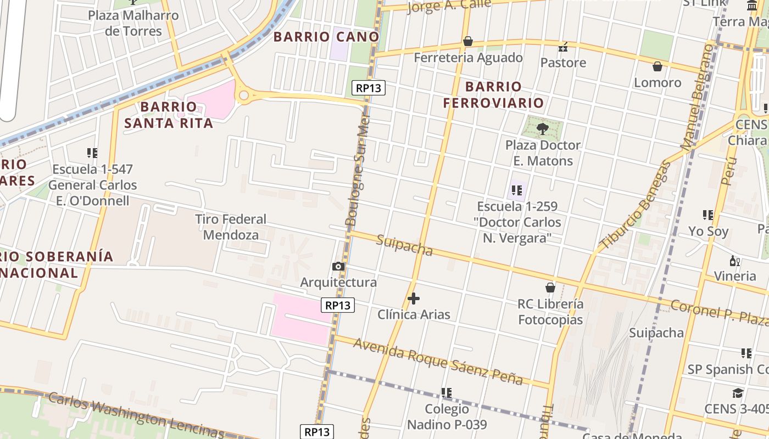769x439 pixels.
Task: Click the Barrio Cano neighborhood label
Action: pyautogui.click(x=326, y=37)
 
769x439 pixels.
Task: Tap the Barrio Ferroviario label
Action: pyautogui.click(x=493, y=94)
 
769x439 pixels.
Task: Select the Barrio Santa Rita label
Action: pyautogui.click(x=169, y=115)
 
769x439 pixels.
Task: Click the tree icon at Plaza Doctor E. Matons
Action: pyautogui.click(x=543, y=129)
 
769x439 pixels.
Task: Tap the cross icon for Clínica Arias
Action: pyautogui.click(x=414, y=299)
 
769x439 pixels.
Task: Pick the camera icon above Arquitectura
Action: pyautogui.click(x=338, y=267)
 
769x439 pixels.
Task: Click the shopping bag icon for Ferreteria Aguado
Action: pyautogui.click(x=468, y=41)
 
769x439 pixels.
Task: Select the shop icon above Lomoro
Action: pyautogui.click(x=657, y=66)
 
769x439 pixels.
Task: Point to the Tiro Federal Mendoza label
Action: pyautogui.click(x=231, y=227)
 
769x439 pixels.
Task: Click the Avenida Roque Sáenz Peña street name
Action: pyautogui.click(x=438, y=361)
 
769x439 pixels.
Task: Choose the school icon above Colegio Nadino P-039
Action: pyautogui.click(x=447, y=392)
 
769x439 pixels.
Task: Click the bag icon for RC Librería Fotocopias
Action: pyautogui.click(x=550, y=288)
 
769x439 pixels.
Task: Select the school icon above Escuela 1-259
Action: pyautogui.click(x=516, y=190)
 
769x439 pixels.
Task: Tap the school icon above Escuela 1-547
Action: pyautogui.click(x=92, y=153)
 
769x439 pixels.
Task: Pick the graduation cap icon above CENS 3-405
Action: pyautogui.click(x=738, y=393)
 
